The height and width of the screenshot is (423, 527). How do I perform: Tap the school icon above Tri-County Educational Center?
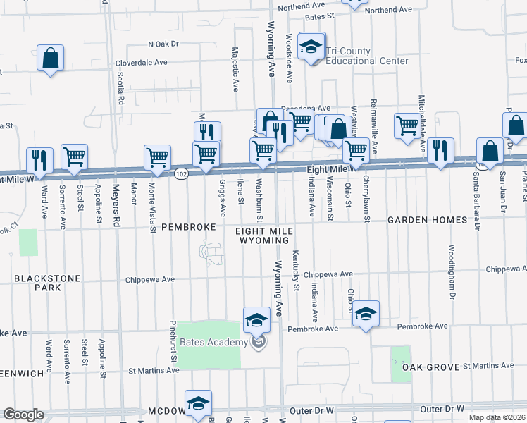click(x=310, y=47)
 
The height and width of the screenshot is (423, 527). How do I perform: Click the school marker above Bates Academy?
click(x=256, y=319)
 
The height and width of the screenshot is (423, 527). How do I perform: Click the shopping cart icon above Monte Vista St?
click(x=157, y=157)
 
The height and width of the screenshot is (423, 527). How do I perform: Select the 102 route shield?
click(x=181, y=174)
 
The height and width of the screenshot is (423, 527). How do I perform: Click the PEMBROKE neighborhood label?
click(x=187, y=228)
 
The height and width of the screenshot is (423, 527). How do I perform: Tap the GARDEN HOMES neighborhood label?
click(x=427, y=221)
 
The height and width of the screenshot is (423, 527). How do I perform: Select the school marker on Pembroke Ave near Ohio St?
click(x=366, y=314)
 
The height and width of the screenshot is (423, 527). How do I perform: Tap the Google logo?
click(x=23, y=415)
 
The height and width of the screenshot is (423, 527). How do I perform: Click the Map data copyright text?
click(x=496, y=417)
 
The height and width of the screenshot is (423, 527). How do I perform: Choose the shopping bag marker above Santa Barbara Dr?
click(x=489, y=151)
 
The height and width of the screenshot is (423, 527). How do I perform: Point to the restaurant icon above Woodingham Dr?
click(x=440, y=150)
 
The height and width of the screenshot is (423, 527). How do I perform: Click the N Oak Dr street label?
click(x=163, y=44)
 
